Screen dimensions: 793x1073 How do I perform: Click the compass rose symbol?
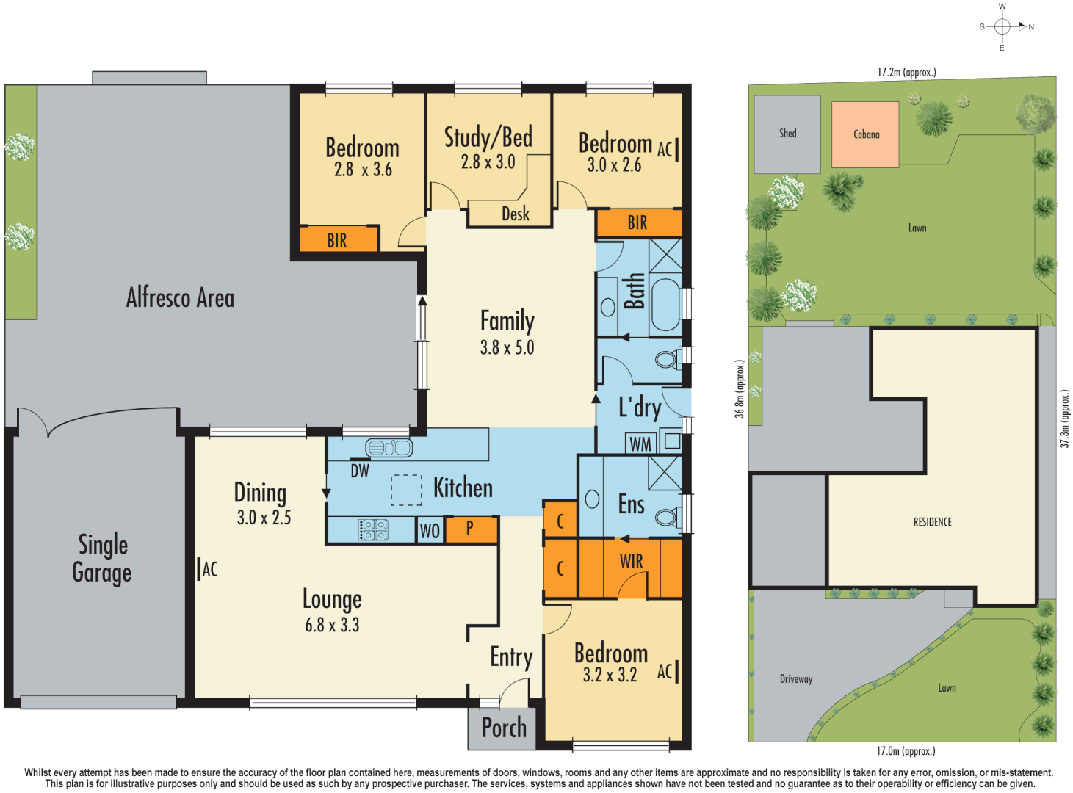point(1002,27)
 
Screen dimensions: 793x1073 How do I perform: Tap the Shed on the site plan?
point(787,134)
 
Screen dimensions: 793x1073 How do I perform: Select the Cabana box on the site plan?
point(865,134)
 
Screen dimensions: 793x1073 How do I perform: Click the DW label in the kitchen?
point(360,471)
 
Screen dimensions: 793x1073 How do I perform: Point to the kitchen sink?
point(389,447)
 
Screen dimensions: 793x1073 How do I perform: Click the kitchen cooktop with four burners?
point(373,529)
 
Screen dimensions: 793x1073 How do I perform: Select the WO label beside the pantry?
point(430,531)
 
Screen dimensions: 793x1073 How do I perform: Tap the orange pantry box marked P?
point(471,529)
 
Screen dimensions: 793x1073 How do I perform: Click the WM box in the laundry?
point(640,443)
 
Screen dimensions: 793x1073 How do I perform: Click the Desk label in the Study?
point(515,214)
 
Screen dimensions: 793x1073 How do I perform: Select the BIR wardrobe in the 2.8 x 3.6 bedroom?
point(338,240)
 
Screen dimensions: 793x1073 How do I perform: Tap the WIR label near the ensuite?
point(631,562)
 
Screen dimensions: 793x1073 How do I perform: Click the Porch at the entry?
point(504,728)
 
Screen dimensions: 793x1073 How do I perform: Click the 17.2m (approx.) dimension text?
point(906,72)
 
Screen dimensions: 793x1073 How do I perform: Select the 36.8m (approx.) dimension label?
point(740,388)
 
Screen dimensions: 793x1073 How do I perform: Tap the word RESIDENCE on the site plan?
point(932,522)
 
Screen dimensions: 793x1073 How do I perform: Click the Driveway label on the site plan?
point(796,679)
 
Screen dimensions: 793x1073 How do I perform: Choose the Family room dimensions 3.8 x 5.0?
point(507,348)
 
